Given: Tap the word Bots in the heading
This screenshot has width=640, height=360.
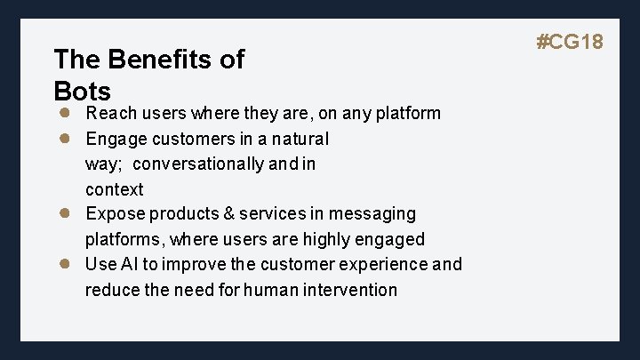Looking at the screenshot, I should pos(82,91).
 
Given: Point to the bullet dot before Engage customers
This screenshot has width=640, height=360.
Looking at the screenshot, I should pos(65,139).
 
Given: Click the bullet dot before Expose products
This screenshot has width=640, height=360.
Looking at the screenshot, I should pos(65,213).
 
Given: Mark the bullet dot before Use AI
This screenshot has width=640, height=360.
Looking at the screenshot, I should pos(65,264).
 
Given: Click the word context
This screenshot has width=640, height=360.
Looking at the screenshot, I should pos(114,189).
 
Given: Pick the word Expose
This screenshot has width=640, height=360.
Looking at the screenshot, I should pos(115,214).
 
